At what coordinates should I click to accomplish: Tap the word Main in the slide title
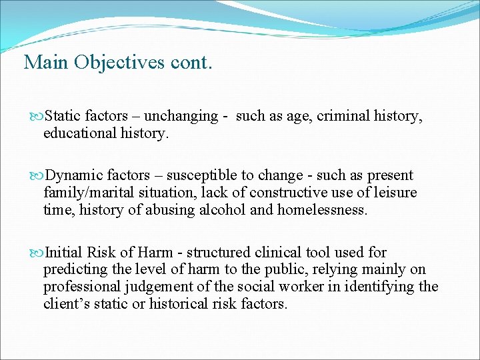[x=47, y=62]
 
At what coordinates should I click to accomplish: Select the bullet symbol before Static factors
[x=37, y=116]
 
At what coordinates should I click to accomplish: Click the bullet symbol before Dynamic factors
[x=37, y=176]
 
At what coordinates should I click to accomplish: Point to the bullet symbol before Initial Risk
[x=37, y=253]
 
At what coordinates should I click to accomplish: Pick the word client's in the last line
[x=66, y=305]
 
